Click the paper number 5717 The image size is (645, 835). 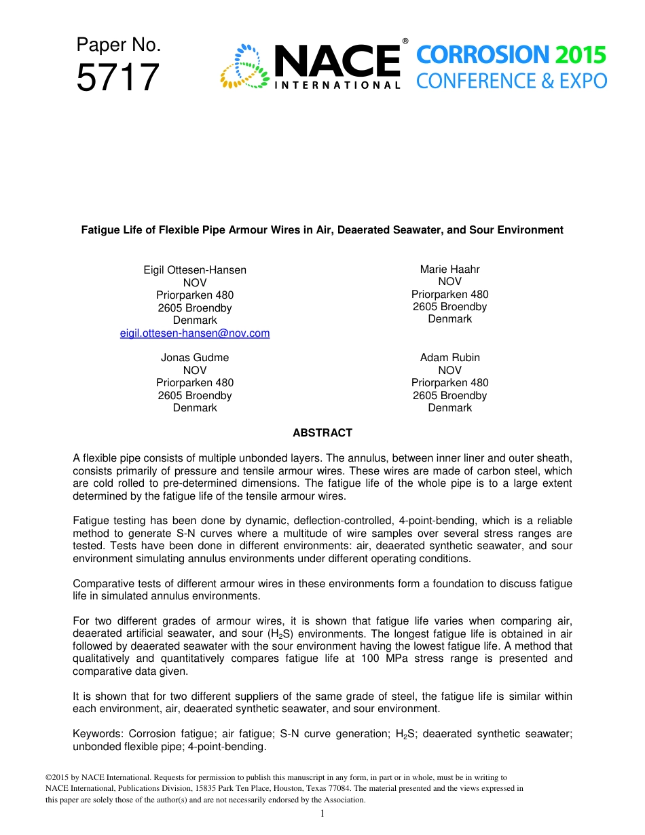point(117,78)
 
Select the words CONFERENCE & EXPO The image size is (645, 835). point(511,81)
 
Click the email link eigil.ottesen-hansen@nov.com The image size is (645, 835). point(195,333)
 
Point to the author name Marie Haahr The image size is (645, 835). point(449,270)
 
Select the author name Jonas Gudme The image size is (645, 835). point(195,358)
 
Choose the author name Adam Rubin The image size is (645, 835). point(449,358)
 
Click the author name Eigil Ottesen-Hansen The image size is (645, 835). point(195,270)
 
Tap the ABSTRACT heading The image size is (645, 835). point(322,432)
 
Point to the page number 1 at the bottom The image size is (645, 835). point(322,814)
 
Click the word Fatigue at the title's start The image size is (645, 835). point(100,230)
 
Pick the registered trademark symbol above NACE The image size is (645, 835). point(405,41)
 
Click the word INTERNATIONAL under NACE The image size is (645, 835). point(337,86)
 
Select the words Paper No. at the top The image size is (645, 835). point(119,45)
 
